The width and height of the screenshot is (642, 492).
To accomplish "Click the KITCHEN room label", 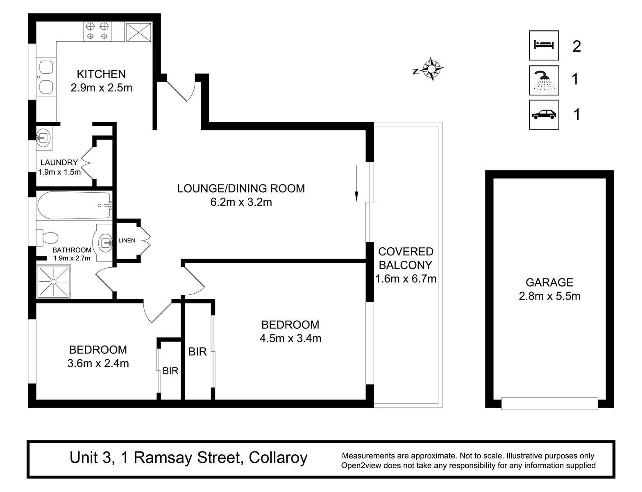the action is [x=101, y=74].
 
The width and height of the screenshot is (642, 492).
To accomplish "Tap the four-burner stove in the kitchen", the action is [x=97, y=31].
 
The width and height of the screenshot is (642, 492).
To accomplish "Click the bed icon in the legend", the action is [x=544, y=45].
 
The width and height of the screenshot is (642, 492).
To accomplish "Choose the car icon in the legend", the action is [x=544, y=114].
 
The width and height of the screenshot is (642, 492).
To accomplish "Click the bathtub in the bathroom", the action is [x=74, y=205].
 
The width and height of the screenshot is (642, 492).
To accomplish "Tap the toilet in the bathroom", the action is [x=47, y=238].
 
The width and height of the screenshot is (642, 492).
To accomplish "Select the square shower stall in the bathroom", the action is [x=54, y=281].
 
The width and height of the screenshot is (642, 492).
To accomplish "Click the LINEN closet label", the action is [x=127, y=241].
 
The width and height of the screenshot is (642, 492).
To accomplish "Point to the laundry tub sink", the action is [x=44, y=137].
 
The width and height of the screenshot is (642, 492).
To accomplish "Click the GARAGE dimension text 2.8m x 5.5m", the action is [x=549, y=296].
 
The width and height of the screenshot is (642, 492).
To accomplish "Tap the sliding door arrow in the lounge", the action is [x=356, y=183].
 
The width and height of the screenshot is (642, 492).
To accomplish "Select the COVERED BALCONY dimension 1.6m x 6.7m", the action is [x=406, y=279].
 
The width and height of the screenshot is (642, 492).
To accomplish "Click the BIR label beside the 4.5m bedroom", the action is [x=197, y=352].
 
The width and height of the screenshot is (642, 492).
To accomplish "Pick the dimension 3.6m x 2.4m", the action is [x=98, y=363].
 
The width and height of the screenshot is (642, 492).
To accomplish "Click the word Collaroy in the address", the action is [x=278, y=458].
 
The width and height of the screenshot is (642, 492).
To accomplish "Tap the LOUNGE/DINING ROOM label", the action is [x=241, y=188].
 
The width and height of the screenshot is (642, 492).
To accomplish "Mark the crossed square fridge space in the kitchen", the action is [x=138, y=32].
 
